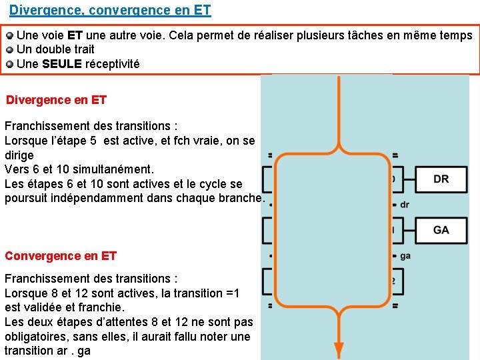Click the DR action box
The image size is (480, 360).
[441, 179]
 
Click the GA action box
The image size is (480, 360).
[441, 230]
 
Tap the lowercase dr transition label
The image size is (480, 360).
[405, 205]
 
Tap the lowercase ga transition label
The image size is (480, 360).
[405, 256]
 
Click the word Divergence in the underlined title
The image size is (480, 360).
[41, 11]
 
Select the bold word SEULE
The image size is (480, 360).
[61, 64]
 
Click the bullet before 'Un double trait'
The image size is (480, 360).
[9, 49]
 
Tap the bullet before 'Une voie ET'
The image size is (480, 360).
[9, 35]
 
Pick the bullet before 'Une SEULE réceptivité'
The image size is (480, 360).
[9, 65]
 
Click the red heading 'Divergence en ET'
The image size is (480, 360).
[56, 100]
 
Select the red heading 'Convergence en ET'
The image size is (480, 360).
[61, 256]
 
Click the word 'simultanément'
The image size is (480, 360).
[115, 169]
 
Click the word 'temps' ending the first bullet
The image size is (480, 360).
[455, 35]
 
